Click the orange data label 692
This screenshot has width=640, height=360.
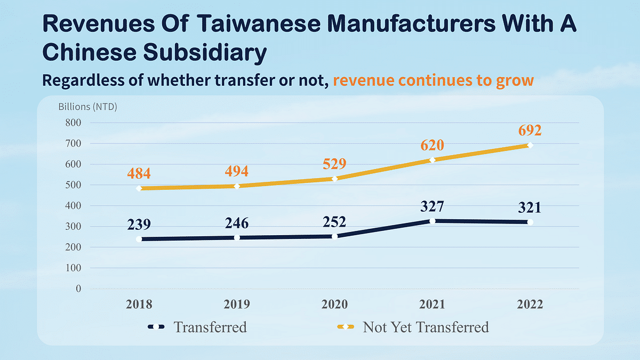click(x=529, y=131)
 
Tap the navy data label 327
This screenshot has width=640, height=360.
click(x=432, y=206)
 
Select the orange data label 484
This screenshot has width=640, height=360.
click(x=139, y=173)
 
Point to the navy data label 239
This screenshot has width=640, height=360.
click(x=139, y=224)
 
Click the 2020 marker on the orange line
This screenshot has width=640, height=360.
click(x=334, y=178)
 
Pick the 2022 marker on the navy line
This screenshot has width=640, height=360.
click(x=530, y=222)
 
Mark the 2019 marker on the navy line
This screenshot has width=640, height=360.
click(x=237, y=237)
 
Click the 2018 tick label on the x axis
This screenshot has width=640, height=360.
click(x=139, y=305)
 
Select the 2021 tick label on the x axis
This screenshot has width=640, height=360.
click(x=432, y=305)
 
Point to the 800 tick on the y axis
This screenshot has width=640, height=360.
click(x=73, y=123)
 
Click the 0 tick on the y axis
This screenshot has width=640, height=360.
click(x=78, y=289)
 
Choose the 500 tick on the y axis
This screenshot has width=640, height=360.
click(x=73, y=185)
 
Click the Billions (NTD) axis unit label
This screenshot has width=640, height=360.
click(x=87, y=106)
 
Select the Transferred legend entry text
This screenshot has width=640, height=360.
click(x=210, y=327)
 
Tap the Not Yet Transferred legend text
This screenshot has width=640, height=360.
click(x=426, y=327)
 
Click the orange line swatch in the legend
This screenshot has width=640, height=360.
click(x=344, y=327)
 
